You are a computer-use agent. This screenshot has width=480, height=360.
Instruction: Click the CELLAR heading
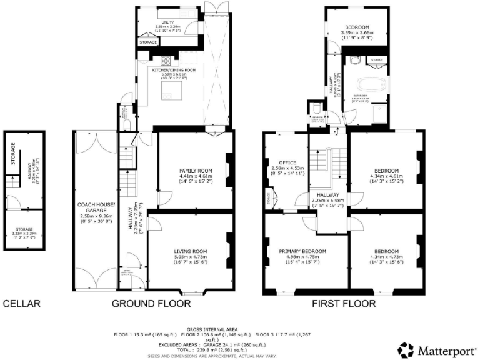coord(22,304)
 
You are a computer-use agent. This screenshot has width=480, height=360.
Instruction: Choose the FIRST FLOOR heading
coord(344,304)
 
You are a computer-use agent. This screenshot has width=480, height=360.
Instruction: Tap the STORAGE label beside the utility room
coord(149,42)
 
